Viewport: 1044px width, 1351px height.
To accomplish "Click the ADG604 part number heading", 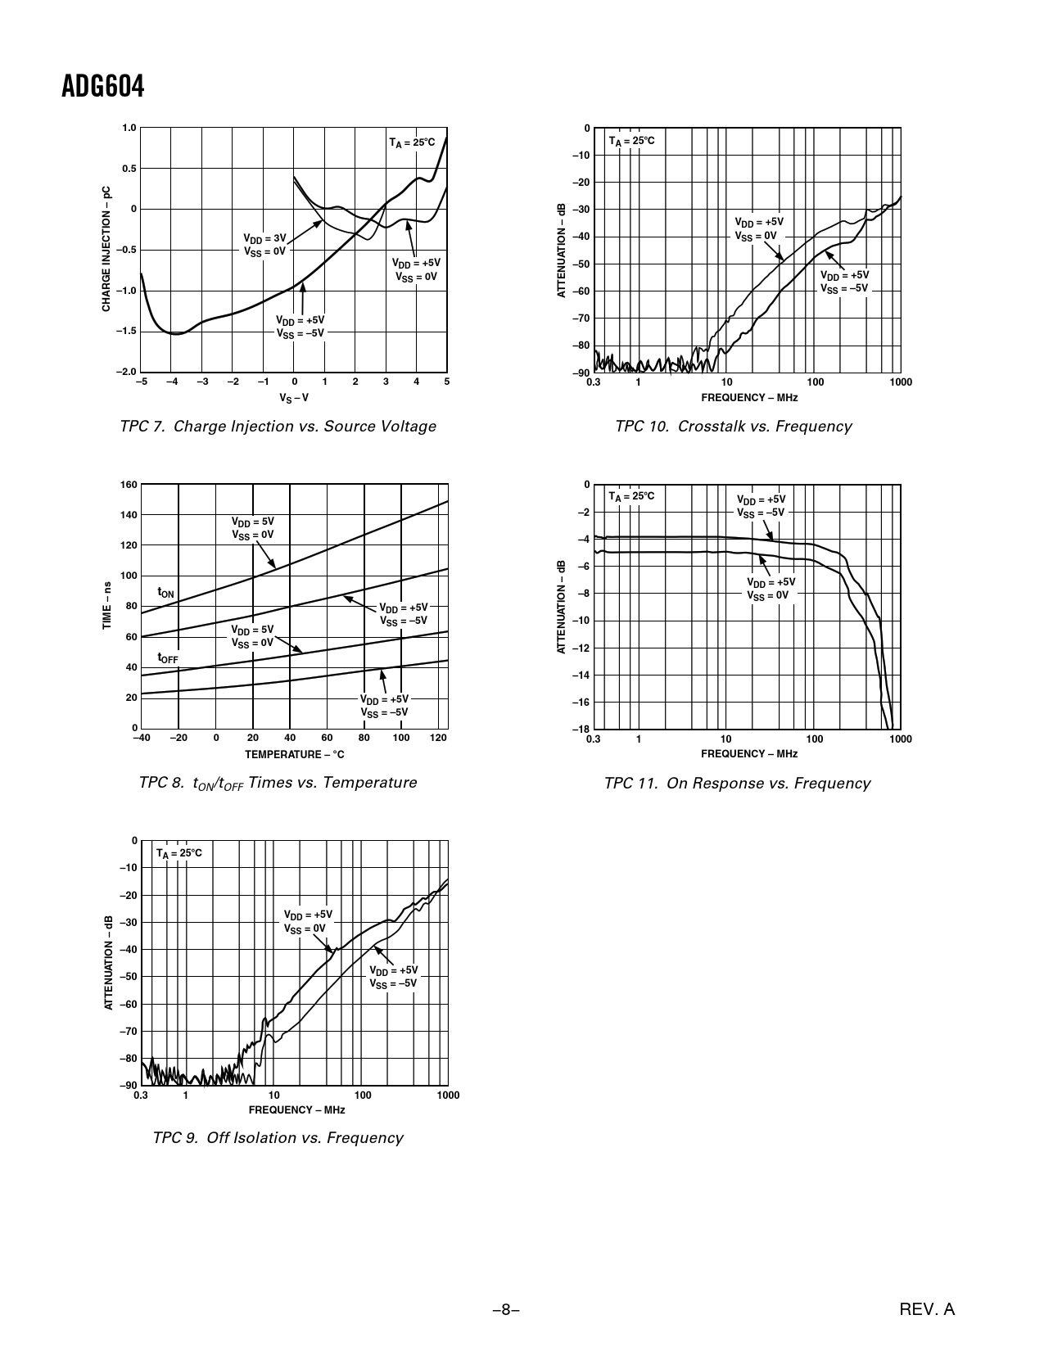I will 102,87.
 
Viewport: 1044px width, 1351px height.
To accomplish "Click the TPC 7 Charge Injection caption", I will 278,427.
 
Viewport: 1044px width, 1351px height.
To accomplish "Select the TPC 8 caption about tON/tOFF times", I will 278,783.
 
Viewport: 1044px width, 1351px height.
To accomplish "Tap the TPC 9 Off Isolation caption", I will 278,1138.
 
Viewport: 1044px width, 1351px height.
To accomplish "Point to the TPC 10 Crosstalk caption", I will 733,427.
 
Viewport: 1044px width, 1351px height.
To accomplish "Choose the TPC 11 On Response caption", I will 737,784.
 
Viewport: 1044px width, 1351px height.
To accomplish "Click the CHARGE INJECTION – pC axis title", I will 106,249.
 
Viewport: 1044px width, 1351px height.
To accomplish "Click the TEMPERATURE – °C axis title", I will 294,754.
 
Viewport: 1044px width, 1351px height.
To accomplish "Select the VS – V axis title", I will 294,398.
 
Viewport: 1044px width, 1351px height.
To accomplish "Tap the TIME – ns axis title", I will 106,606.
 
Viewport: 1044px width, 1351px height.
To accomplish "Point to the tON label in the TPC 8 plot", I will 165,592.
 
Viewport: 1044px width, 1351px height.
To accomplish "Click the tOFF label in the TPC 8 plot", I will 168,658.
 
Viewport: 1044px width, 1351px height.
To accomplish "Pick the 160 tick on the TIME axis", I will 129,485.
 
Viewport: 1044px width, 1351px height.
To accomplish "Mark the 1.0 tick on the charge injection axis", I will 129,128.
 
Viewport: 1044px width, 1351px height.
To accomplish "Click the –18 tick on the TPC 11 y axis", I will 581,730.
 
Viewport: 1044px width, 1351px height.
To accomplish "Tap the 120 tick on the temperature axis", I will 438,739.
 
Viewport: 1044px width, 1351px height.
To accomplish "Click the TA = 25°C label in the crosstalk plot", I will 631,142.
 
